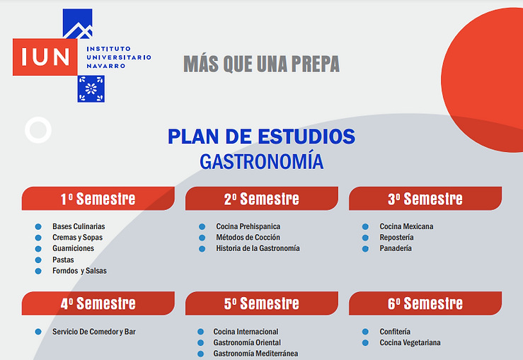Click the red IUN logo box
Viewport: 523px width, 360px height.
click(x=45, y=57)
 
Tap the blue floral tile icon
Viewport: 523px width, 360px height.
click(x=91, y=88)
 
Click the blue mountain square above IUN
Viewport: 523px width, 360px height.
click(x=78, y=23)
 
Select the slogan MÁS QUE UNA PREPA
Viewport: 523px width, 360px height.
click(x=262, y=64)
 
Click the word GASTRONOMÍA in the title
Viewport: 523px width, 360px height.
click(x=262, y=162)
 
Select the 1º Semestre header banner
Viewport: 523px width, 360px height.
click(x=98, y=199)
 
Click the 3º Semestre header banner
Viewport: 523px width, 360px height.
click(x=425, y=199)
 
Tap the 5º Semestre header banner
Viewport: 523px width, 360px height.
click(x=262, y=303)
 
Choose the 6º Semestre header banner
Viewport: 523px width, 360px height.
click(x=425, y=303)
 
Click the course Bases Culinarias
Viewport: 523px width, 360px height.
click(x=79, y=226)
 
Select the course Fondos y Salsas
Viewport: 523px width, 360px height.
click(x=79, y=271)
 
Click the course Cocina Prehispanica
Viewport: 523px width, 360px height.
click(x=248, y=226)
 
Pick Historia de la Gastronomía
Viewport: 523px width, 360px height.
click(x=258, y=248)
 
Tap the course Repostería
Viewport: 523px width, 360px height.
click(x=396, y=238)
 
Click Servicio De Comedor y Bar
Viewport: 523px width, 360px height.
click(x=94, y=332)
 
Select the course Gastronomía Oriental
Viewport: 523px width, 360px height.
click(x=247, y=342)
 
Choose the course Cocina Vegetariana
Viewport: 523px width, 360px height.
click(x=410, y=342)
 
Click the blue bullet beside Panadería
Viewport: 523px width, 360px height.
click(x=366, y=249)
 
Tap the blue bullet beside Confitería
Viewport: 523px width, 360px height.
click(x=366, y=332)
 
